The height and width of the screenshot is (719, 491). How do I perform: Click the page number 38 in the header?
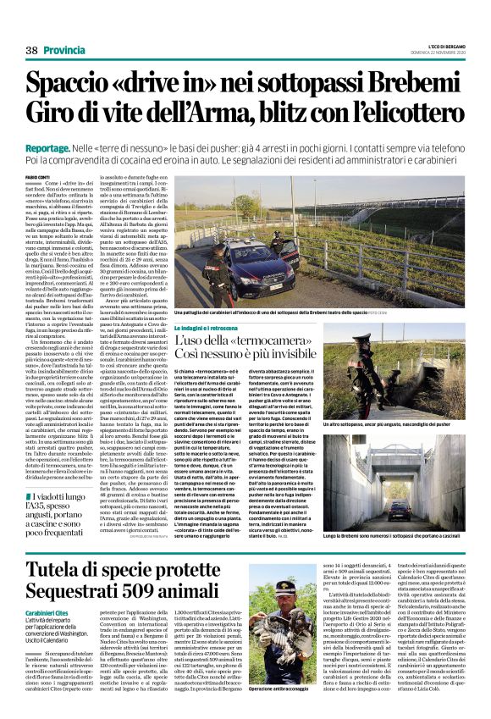(31, 50)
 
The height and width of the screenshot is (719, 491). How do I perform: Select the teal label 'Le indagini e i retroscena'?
(208, 327)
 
